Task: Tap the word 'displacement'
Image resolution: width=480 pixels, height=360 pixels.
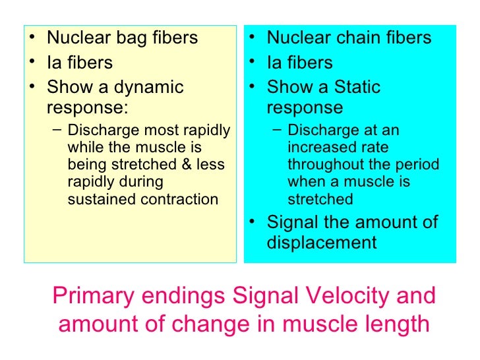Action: point(321,243)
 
